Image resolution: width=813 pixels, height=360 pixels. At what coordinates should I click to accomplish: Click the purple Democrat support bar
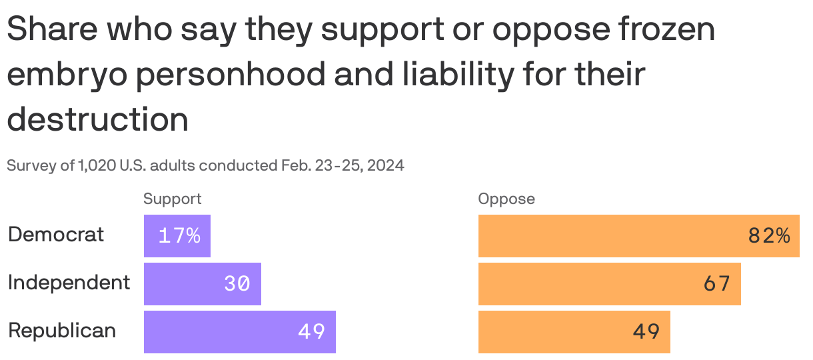click(x=177, y=236)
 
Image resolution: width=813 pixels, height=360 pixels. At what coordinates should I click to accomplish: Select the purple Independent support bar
click(x=202, y=284)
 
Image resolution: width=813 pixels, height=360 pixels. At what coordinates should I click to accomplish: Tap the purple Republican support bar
click(x=239, y=332)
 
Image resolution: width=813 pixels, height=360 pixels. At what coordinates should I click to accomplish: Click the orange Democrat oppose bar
click(x=638, y=236)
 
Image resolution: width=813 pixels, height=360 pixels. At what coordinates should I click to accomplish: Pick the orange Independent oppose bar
click(x=609, y=284)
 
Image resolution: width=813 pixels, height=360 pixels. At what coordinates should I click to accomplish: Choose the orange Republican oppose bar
click(x=574, y=332)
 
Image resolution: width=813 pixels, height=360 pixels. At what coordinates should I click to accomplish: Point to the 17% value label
click(x=179, y=236)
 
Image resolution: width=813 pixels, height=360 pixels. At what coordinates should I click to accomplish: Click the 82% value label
click(x=769, y=236)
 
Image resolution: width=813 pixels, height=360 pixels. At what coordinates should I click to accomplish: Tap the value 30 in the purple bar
click(x=237, y=284)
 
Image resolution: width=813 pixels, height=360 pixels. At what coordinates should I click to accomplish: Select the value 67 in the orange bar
click(x=717, y=284)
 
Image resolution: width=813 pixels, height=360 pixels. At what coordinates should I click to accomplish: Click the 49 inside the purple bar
click(x=311, y=332)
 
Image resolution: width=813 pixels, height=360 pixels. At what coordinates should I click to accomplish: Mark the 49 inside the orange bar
click(x=646, y=332)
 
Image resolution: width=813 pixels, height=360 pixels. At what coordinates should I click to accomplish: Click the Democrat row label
click(x=56, y=235)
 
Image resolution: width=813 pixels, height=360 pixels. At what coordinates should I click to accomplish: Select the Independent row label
click(x=69, y=283)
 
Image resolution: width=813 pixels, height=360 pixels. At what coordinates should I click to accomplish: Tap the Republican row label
click(x=62, y=331)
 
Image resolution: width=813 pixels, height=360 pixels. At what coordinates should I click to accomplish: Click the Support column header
click(x=173, y=199)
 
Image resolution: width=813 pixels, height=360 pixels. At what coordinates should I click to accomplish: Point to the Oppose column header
click(x=506, y=199)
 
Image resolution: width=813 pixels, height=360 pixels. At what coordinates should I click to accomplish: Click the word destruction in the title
click(x=98, y=120)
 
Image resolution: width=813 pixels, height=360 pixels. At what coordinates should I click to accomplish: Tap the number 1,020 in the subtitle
click(x=97, y=165)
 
